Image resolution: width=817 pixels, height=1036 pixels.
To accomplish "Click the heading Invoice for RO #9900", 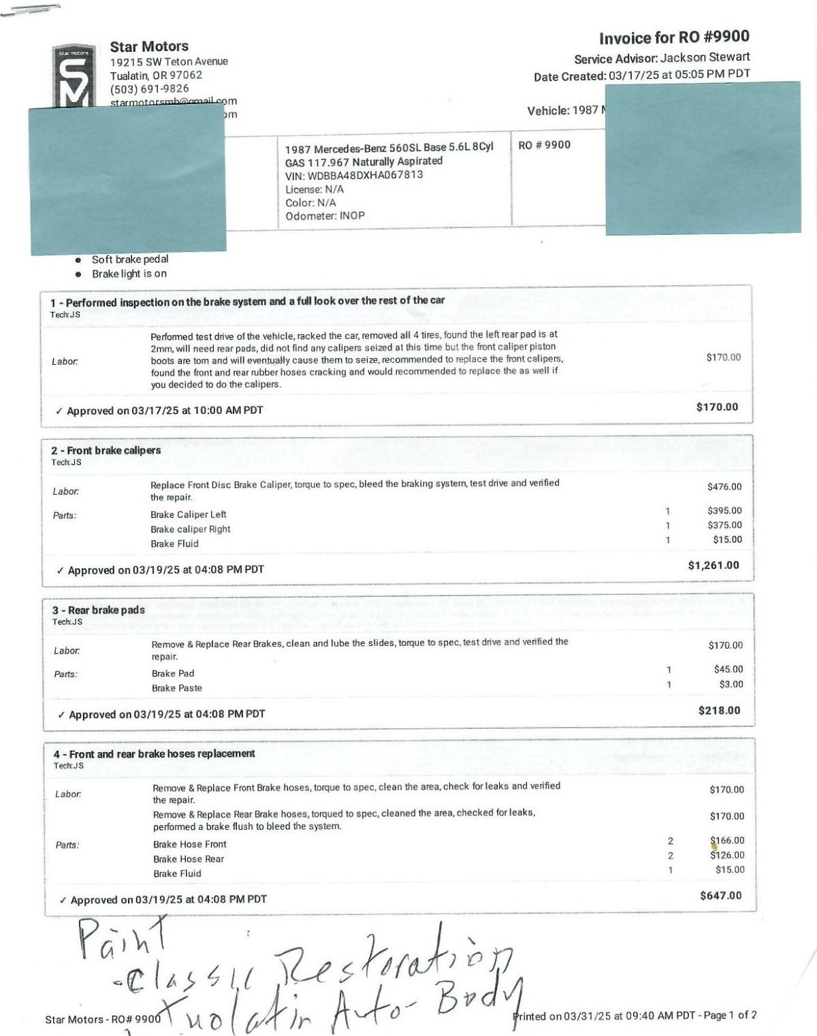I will (674, 37).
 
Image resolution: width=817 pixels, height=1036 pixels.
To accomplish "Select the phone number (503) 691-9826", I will (150, 88).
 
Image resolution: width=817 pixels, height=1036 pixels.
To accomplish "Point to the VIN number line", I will (354, 175).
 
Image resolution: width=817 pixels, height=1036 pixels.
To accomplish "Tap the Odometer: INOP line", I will (325, 216).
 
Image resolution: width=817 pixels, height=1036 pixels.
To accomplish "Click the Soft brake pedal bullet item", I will (130, 259).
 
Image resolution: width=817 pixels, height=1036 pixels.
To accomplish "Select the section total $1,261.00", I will (713, 565).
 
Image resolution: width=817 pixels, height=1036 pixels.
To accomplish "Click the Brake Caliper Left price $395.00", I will (724, 511).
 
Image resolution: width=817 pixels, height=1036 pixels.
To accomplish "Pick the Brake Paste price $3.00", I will (731, 684).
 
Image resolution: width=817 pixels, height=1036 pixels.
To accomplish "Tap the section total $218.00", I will (719, 710).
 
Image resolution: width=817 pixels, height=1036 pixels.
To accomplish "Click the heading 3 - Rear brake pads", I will (99, 610).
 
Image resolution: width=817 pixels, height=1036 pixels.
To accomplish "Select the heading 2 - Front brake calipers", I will (106, 451).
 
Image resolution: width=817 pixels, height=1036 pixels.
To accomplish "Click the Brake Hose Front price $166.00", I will (727, 841).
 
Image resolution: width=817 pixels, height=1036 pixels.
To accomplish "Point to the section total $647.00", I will (720, 895).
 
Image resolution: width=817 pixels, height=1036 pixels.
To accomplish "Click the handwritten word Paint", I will (123, 940).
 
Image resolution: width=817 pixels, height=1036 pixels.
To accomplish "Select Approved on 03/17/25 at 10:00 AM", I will (164, 410).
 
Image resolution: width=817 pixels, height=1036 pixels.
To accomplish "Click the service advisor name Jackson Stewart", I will (705, 57).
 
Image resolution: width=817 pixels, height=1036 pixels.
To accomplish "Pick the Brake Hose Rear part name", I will (189, 859).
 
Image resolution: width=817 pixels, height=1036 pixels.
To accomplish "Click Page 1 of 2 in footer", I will (729, 1015).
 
